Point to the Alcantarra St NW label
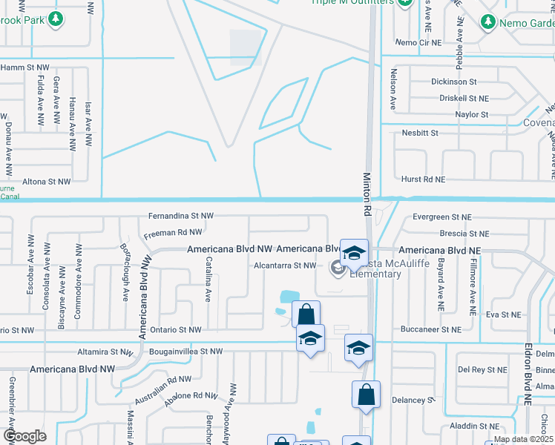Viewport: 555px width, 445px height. (x=285, y=265)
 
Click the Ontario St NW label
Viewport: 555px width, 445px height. (x=174, y=329)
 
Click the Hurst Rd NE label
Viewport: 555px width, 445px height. (x=424, y=179)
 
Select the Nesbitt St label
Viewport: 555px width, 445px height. (x=420, y=133)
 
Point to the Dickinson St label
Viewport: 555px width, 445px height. (x=453, y=82)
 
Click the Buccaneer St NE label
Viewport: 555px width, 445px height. (x=430, y=329)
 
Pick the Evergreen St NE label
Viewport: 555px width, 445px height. (x=442, y=217)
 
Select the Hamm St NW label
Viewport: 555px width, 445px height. (x=24, y=67)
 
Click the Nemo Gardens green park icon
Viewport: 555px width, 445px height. (x=488, y=24)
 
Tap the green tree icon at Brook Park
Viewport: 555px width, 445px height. (x=56, y=19)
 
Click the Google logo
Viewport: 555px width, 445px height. (x=24, y=436)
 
